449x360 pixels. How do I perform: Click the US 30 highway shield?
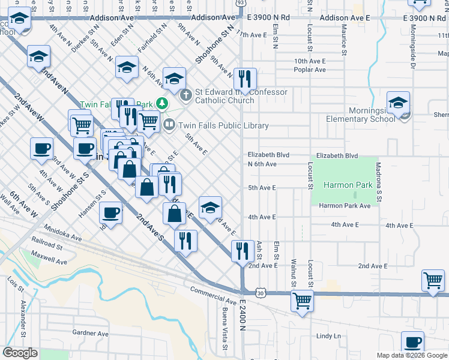(x=259, y=293)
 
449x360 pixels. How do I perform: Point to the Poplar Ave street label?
(x=310, y=70)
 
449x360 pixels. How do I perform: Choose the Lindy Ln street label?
(x=328, y=336)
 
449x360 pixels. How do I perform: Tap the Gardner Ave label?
(x=90, y=333)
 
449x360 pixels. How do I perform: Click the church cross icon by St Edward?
(x=186, y=94)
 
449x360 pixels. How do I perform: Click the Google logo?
(x=20, y=352)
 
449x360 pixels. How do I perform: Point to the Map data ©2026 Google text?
(x=412, y=356)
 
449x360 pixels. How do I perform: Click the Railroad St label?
(x=46, y=246)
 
